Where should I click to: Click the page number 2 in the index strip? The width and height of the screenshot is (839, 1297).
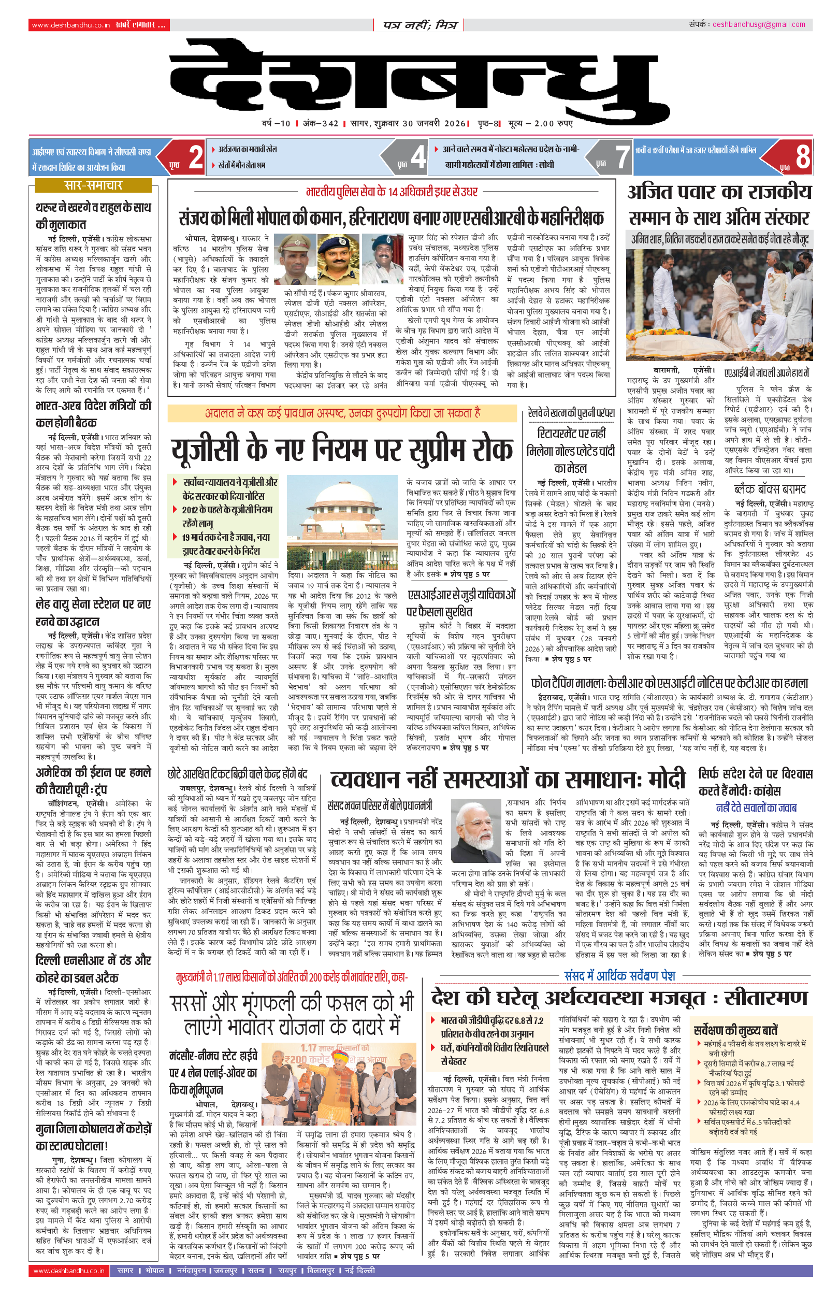click(x=196, y=157)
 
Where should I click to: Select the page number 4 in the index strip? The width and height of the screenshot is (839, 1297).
click(x=418, y=157)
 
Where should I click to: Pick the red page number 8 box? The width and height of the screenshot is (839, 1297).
click(x=802, y=157)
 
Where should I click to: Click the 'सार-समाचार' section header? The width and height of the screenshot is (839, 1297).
click(x=93, y=185)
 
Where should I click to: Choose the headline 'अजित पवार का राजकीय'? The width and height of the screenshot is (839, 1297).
click(x=719, y=192)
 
